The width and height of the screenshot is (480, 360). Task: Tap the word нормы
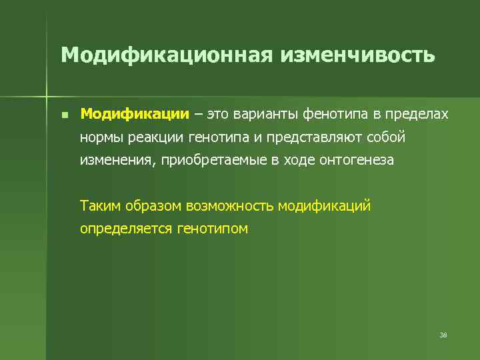click(x=100, y=137)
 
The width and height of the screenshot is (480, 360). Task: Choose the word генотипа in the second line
click(x=222, y=137)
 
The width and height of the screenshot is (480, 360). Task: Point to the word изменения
click(x=115, y=161)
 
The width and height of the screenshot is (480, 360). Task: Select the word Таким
click(x=100, y=205)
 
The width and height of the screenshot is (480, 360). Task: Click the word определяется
click(x=126, y=229)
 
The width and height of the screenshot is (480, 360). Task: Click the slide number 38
click(x=443, y=335)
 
